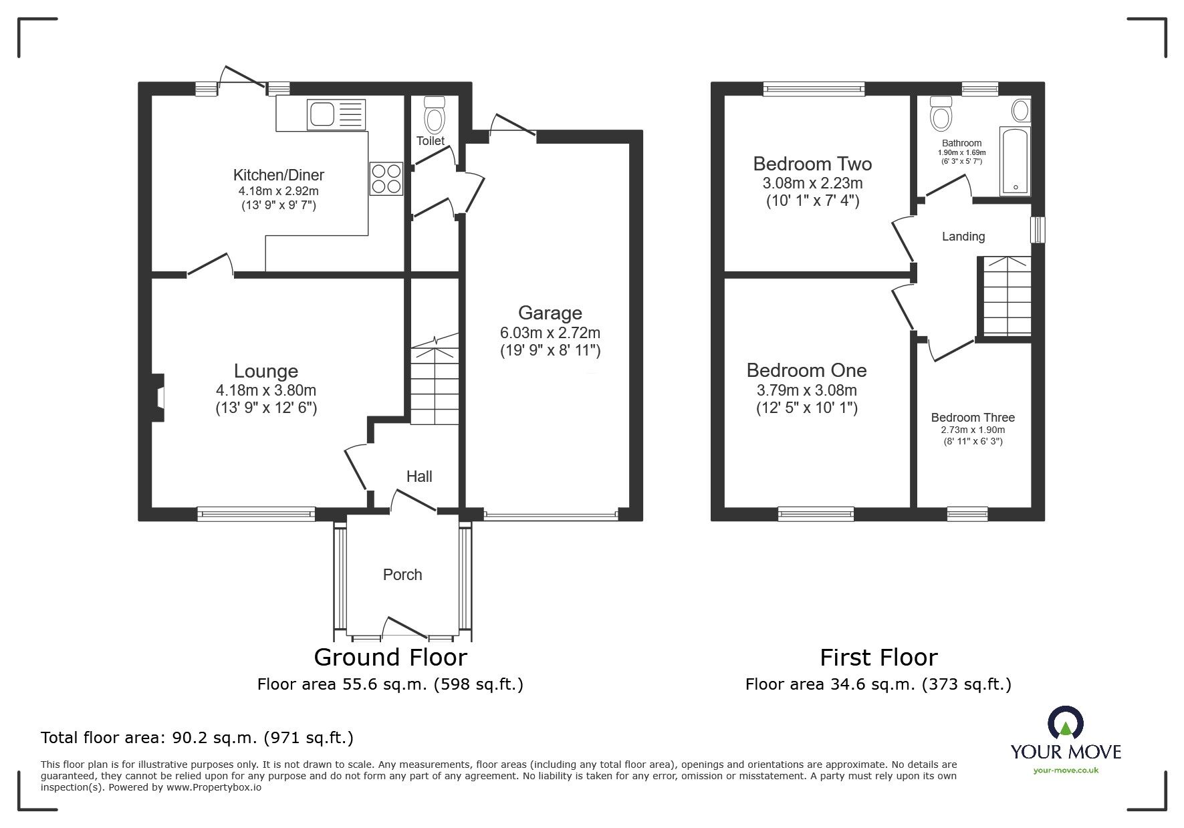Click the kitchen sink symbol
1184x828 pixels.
(336, 114)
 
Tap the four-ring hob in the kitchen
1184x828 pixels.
(386, 178)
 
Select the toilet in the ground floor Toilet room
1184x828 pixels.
(435, 115)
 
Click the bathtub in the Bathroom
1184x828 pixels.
(1015, 160)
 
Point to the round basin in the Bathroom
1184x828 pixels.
(1021, 110)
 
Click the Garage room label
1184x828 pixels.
(550, 313)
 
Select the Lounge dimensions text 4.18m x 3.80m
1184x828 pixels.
(266, 390)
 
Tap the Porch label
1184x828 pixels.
(402, 575)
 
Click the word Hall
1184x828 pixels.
(419, 476)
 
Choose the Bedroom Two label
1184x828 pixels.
(812, 164)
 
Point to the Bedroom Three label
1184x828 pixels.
(973, 418)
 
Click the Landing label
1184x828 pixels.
(963, 237)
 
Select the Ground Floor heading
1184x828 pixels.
(390, 658)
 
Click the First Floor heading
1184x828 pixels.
(878, 658)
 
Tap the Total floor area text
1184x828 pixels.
(197, 738)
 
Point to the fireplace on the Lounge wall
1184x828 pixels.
(158, 398)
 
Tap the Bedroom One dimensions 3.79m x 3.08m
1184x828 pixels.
(806, 390)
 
